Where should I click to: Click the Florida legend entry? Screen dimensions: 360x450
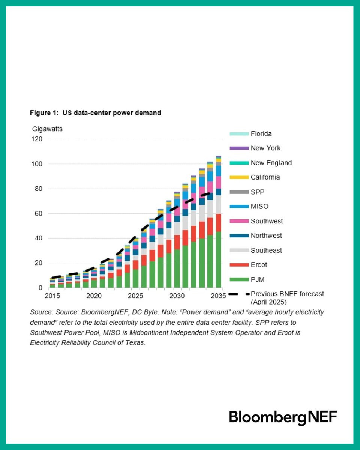[x=250, y=134]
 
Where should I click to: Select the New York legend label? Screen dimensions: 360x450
[x=265, y=148]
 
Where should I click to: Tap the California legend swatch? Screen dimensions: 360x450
[x=239, y=177]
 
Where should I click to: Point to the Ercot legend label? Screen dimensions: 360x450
[x=259, y=265]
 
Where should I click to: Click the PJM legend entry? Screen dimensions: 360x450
[x=247, y=279]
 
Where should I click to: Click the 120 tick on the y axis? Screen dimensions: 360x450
[x=37, y=139]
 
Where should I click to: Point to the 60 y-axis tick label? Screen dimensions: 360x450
[x=39, y=213]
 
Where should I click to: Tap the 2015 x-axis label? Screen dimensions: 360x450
[x=52, y=296]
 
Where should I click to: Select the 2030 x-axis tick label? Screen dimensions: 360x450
[x=177, y=296]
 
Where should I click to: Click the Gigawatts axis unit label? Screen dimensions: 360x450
[x=47, y=129]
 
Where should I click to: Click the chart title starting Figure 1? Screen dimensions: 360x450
[x=96, y=113]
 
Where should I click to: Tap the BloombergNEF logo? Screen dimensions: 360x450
[x=283, y=418]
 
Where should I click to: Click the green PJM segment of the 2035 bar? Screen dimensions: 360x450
[x=218, y=259]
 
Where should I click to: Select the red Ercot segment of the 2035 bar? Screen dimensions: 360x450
[x=218, y=223]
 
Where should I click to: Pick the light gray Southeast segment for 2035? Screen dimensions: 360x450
[x=218, y=205]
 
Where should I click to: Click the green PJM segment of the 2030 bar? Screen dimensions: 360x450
[x=177, y=268]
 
